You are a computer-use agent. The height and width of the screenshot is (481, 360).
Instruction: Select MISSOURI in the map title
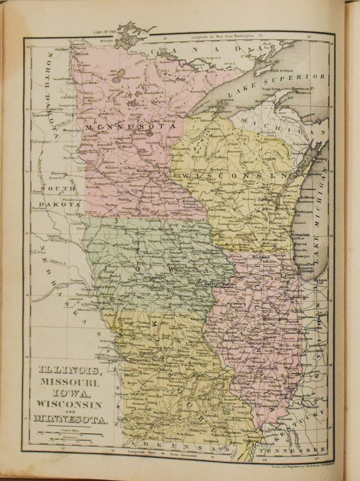(70, 381)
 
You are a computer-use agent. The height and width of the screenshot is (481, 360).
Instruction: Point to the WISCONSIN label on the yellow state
(236, 176)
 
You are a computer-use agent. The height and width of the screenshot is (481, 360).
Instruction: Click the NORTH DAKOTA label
(56, 92)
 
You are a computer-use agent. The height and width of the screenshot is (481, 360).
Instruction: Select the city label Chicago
(308, 271)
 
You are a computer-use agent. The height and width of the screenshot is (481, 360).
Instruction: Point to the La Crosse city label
(217, 209)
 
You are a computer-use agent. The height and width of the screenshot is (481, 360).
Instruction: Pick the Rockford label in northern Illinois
(261, 258)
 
